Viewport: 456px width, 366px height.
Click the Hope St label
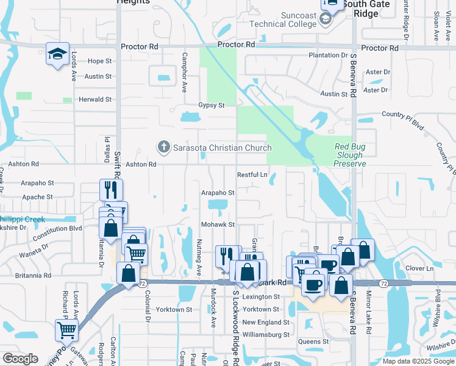100,61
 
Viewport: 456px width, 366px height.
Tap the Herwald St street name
94,99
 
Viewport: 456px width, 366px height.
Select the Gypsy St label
212,105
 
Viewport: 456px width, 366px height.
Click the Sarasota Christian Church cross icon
163,147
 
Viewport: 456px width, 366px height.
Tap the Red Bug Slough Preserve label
350,155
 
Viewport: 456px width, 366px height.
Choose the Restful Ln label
252,175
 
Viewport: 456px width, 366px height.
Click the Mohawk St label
218,224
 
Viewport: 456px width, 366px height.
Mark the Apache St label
38,197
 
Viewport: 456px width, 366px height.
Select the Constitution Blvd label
58,228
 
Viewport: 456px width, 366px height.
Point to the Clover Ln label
419,268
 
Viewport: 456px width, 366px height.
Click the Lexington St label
261,296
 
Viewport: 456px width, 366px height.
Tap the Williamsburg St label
266,335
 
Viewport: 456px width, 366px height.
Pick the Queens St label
313,342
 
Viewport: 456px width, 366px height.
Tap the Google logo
21,359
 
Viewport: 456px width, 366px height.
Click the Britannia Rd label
34,276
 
